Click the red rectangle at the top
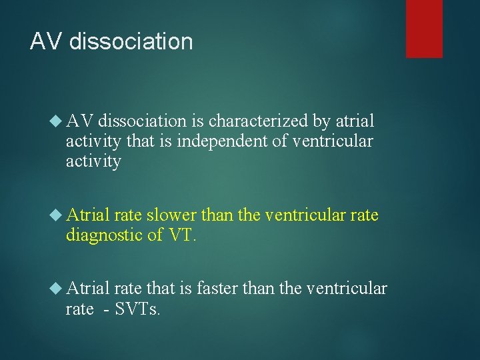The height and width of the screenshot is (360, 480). click(424, 28)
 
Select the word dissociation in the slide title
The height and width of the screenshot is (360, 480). click(131, 42)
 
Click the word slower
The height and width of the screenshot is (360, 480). click(171, 215)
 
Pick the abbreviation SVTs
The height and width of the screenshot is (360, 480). click(137, 309)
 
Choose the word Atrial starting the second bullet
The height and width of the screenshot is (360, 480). click(89, 215)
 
